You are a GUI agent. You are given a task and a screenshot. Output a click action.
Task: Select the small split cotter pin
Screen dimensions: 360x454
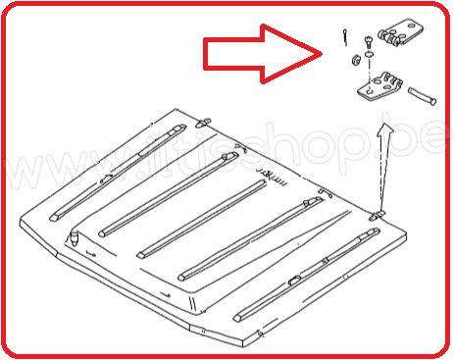tap(347, 36)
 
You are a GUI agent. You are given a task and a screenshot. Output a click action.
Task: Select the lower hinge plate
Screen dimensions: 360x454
tap(378, 89)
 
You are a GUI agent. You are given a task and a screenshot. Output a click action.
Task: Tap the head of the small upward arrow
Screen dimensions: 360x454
tap(384, 129)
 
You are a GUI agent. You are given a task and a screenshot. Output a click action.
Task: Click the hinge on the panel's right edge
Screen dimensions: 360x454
tap(378, 213)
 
